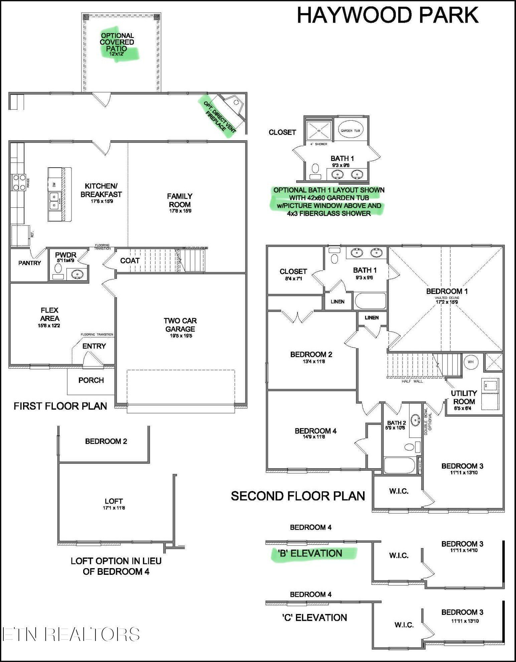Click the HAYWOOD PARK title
(x=387, y=15)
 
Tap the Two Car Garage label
(x=180, y=325)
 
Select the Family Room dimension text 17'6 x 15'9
(x=180, y=211)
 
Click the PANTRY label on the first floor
(x=29, y=263)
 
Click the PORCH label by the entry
(x=91, y=380)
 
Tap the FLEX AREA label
(x=49, y=314)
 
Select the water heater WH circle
(x=471, y=362)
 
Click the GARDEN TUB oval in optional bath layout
(x=350, y=131)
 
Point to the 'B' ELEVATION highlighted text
(x=310, y=553)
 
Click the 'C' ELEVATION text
(x=314, y=618)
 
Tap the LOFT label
(x=114, y=501)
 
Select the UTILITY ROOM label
(x=464, y=397)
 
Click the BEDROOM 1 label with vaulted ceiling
(x=447, y=292)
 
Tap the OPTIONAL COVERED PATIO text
(x=117, y=42)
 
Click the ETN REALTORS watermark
(x=71, y=634)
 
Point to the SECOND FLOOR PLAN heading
(x=298, y=496)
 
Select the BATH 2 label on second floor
(x=396, y=423)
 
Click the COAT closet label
(x=130, y=261)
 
